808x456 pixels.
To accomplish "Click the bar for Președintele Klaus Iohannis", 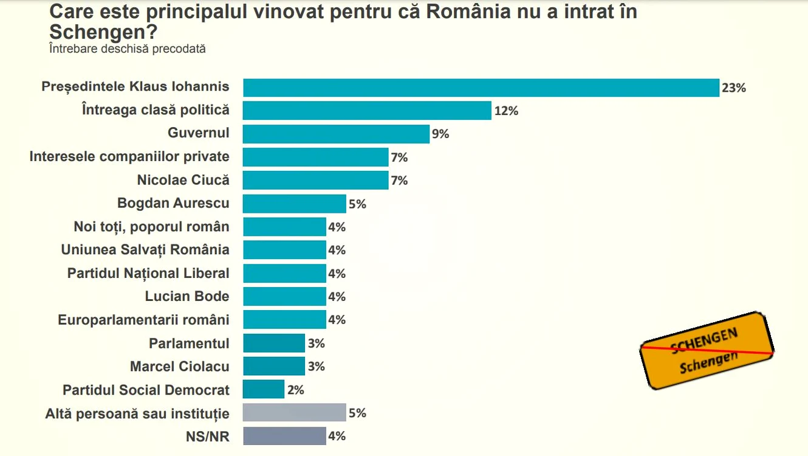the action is [481, 88].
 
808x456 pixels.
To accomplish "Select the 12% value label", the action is [506, 111].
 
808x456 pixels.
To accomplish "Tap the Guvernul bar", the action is [336, 134].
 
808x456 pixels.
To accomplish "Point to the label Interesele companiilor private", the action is [129, 157].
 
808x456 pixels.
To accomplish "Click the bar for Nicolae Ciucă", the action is [316, 180].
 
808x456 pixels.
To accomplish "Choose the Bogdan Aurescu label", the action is [173, 203].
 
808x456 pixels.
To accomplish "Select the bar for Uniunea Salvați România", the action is [284, 250].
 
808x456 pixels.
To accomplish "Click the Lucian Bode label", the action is [187, 297].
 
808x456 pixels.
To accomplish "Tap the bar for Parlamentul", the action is [274, 343].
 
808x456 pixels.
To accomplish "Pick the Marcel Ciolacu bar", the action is [274, 366].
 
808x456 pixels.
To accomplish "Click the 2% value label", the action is [295, 390].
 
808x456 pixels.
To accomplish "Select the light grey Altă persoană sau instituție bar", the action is [294, 412].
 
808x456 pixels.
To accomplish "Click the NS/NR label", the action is [207, 437].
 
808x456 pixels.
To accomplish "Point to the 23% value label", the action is [734, 88].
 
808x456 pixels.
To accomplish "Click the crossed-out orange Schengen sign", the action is [707, 351].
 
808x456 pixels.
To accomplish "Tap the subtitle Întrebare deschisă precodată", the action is [128, 49].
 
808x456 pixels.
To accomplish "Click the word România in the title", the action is [468, 12].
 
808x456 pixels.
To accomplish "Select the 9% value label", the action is [440, 134].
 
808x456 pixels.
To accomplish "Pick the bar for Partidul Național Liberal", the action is [284, 274].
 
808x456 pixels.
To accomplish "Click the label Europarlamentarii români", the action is [143, 320].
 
